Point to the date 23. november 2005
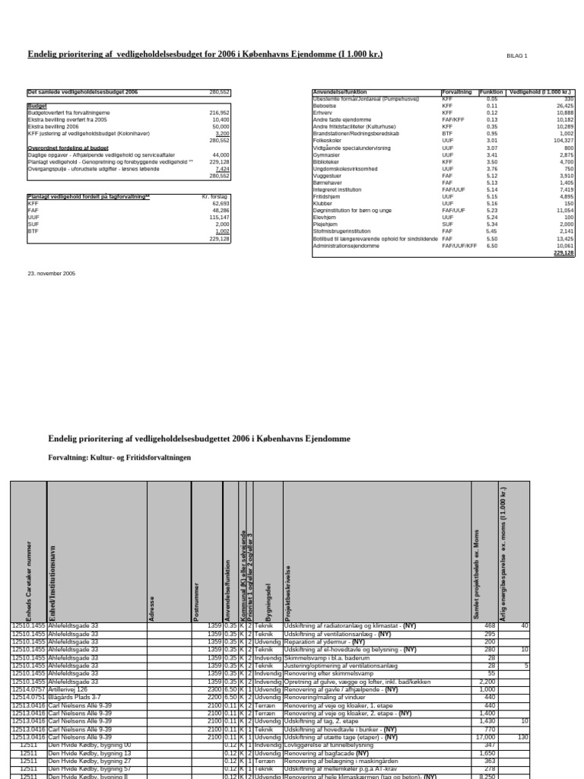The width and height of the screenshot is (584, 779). pos(52,272)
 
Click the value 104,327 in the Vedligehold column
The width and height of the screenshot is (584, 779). pos(561,141)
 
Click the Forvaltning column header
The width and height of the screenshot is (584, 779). pos(456,92)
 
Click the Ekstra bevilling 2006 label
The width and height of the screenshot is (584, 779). pos(56,126)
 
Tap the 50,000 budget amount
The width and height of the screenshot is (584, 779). pos(219,126)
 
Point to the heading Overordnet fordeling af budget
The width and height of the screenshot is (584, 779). pos(68,148)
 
